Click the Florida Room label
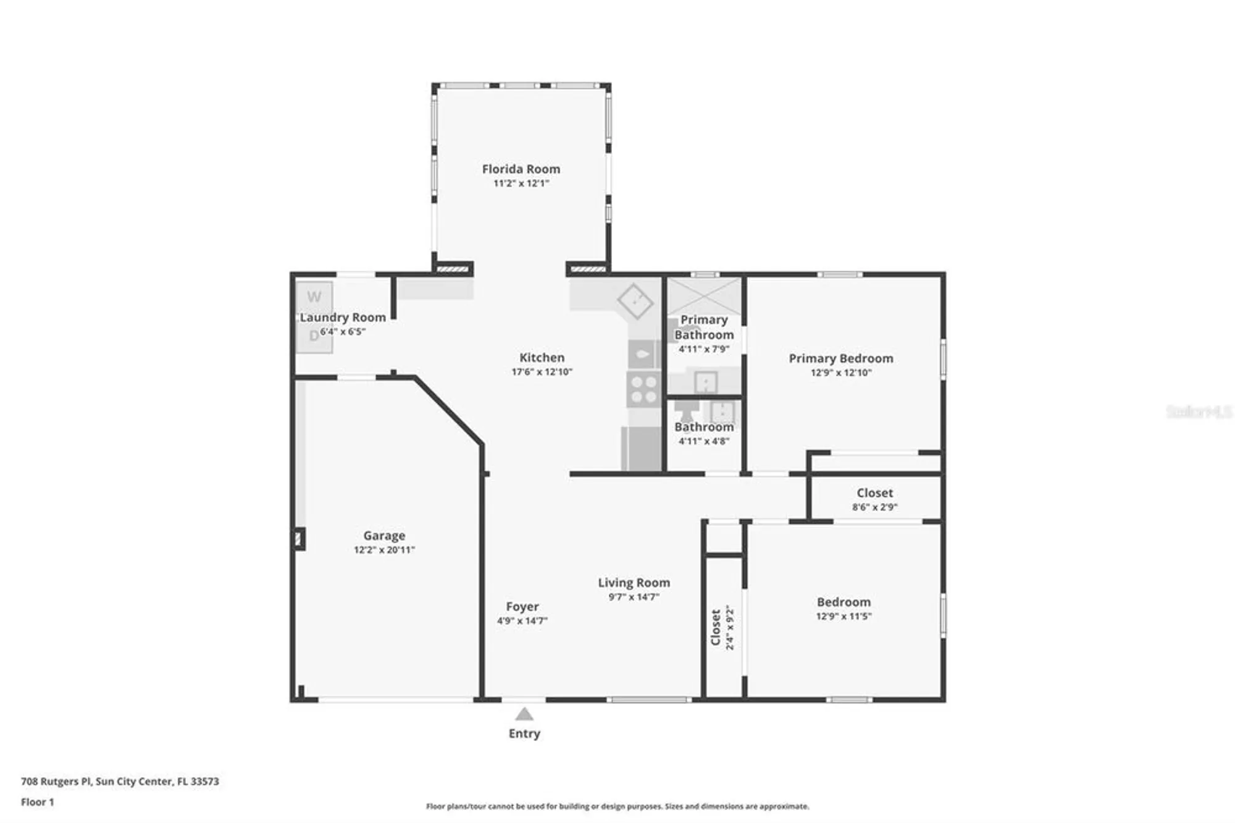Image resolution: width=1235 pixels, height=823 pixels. (x=521, y=169)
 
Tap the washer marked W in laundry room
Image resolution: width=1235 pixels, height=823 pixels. (x=314, y=298)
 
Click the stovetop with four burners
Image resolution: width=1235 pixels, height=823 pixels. (x=643, y=389)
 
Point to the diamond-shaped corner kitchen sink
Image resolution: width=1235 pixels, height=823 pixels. (x=635, y=301)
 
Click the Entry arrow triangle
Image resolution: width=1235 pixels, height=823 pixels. (x=524, y=714)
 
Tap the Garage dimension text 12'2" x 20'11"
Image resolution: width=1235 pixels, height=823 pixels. (x=384, y=550)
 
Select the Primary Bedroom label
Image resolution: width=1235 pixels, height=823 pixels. (x=840, y=358)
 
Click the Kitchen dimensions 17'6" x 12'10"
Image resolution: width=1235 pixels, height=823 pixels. (x=542, y=372)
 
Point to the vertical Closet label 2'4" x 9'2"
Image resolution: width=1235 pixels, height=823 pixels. (x=722, y=627)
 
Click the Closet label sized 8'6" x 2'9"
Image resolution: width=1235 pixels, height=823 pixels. (x=874, y=493)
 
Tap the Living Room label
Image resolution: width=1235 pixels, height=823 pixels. (x=634, y=583)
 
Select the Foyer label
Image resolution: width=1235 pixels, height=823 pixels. (x=522, y=607)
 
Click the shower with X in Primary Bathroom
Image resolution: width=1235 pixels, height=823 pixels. (x=704, y=295)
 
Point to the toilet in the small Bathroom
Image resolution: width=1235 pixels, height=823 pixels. (x=685, y=410)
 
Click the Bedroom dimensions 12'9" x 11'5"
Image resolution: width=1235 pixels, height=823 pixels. (x=844, y=616)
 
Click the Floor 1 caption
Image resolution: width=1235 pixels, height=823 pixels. (x=38, y=802)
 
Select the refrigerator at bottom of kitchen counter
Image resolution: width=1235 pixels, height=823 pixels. (x=641, y=449)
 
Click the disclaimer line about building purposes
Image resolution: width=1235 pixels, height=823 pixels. (x=617, y=806)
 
